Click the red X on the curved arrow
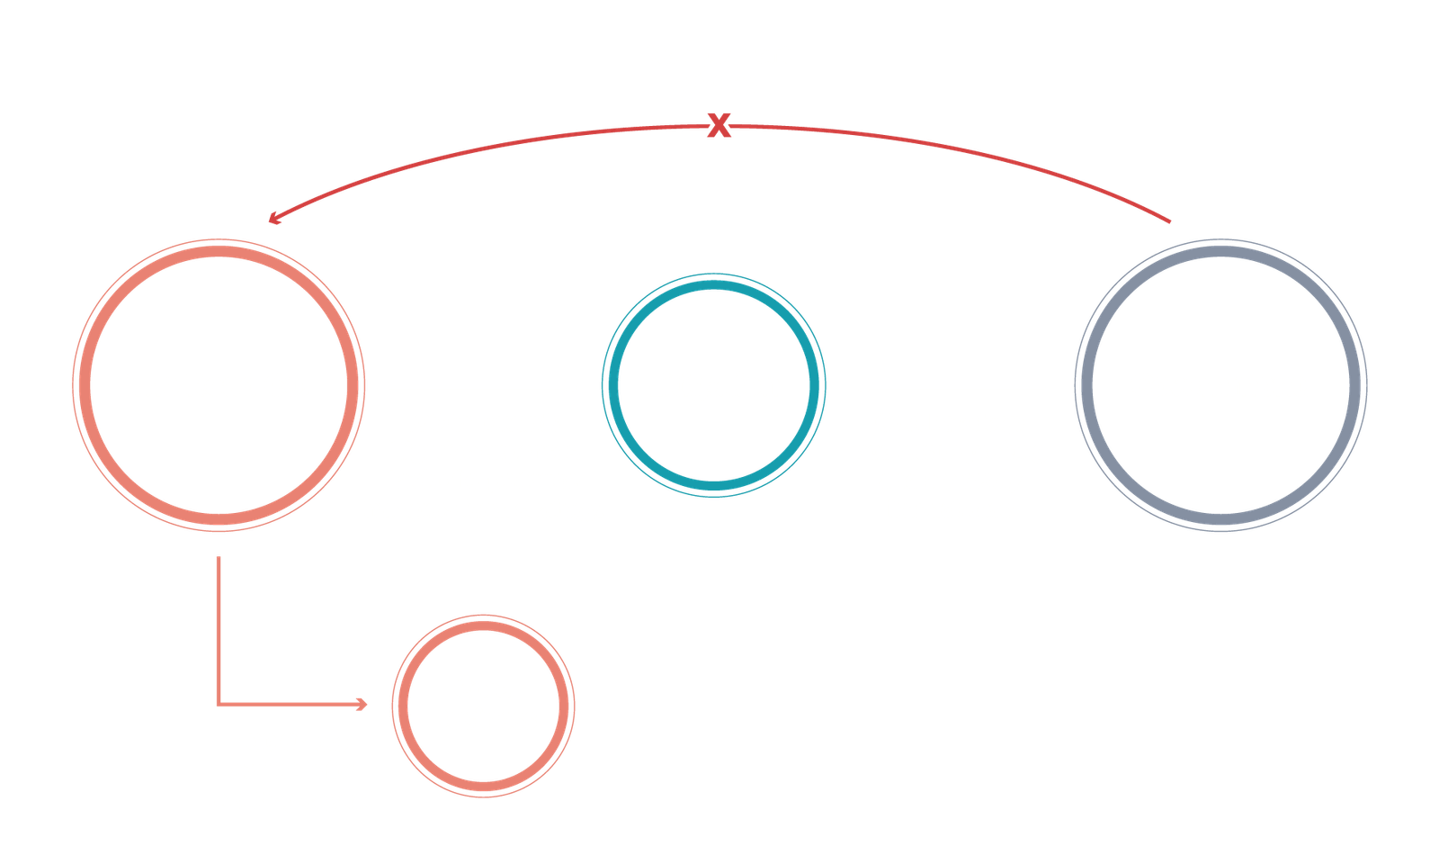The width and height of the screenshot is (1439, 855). point(717,127)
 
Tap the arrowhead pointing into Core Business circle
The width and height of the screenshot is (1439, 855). point(363,704)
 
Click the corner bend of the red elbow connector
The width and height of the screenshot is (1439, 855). point(218,704)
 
